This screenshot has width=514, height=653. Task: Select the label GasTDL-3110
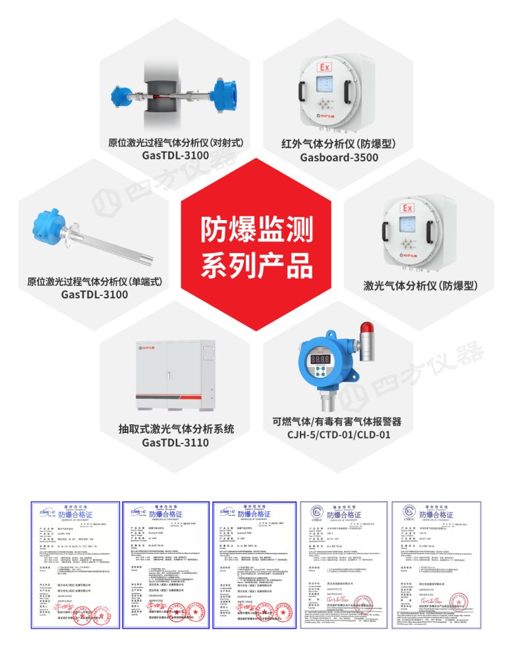click(175, 442)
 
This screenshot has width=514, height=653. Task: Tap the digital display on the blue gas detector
click(320, 360)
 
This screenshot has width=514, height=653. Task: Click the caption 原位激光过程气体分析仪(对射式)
click(175, 142)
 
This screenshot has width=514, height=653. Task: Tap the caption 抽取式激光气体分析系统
click(175, 429)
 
